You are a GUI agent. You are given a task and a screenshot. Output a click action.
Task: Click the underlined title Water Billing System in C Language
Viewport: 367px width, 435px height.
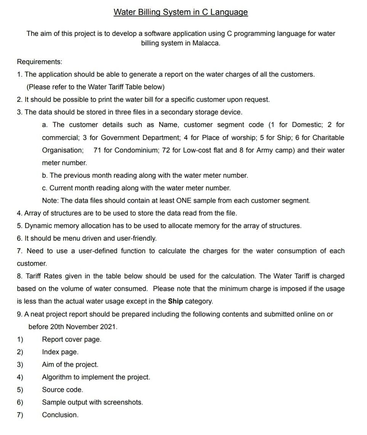(x=181, y=12)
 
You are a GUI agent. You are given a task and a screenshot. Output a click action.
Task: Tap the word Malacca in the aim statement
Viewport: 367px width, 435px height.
(x=206, y=43)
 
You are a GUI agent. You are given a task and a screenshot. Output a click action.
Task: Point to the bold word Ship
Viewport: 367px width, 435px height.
(x=175, y=301)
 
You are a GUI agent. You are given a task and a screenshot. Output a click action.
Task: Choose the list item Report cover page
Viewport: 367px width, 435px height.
(x=72, y=339)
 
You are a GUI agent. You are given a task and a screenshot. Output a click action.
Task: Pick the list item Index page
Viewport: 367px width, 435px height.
(x=60, y=352)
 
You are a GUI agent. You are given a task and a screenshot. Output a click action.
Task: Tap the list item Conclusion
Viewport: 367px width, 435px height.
(x=60, y=415)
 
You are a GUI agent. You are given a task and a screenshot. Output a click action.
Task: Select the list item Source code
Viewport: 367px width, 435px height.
(x=63, y=390)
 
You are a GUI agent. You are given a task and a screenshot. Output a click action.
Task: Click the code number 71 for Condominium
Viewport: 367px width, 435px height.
(x=97, y=150)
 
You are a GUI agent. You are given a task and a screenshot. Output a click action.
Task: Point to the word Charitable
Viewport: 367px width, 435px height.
(x=328, y=138)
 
